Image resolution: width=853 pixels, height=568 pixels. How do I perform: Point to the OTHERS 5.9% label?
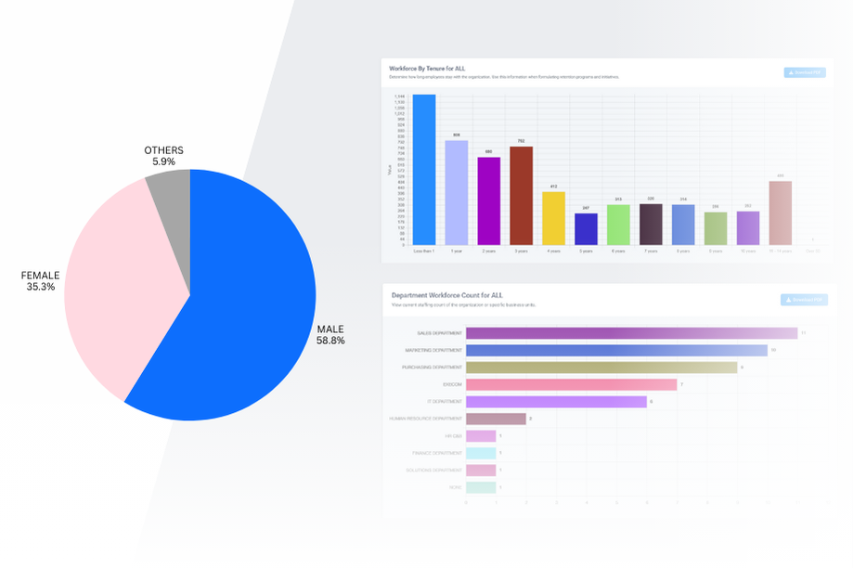coord(164,156)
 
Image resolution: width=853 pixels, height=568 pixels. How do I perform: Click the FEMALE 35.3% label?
coord(42,281)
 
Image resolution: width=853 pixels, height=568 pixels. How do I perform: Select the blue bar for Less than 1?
coord(424,170)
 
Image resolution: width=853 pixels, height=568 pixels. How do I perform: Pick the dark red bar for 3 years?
coord(522,196)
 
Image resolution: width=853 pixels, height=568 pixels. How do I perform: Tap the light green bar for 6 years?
coord(618,225)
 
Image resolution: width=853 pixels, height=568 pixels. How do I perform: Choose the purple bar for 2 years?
coord(489,200)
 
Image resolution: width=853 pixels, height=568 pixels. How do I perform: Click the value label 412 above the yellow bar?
coord(553,187)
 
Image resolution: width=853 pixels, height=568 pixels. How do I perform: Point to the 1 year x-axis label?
coord(456,252)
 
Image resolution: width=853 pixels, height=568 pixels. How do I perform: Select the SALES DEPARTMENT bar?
coord(631,333)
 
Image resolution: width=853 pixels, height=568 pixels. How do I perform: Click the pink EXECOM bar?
coord(571,384)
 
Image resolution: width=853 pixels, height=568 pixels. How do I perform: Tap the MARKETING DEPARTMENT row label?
coord(433,351)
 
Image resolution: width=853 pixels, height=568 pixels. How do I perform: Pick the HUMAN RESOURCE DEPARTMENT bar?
coord(496,419)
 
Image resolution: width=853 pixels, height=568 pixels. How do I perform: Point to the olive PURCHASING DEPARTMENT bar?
coord(601,368)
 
